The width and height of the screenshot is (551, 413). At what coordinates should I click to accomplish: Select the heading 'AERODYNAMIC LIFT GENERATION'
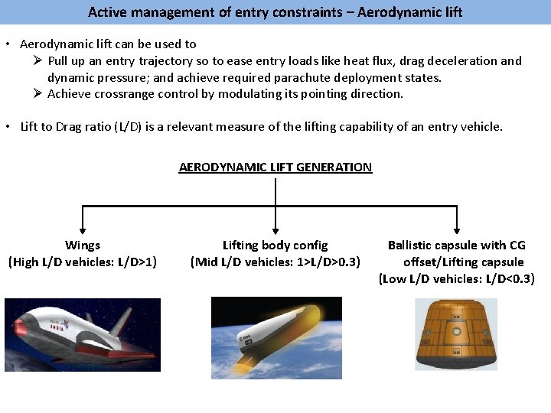[x=275, y=167]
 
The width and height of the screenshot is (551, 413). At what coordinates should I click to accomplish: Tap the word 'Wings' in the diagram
[x=83, y=246]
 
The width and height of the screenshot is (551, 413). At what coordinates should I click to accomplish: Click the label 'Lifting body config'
[x=275, y=246]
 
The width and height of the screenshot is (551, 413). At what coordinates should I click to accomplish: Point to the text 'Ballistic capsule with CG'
[x=457, y=246]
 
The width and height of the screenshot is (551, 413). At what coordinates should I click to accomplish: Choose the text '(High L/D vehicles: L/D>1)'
[x=83, y=262]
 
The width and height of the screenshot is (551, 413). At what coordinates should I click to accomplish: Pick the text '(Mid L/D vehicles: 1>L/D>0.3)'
[x=275, y=262]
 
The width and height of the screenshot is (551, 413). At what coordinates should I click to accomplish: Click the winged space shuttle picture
[x=83, y=335]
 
